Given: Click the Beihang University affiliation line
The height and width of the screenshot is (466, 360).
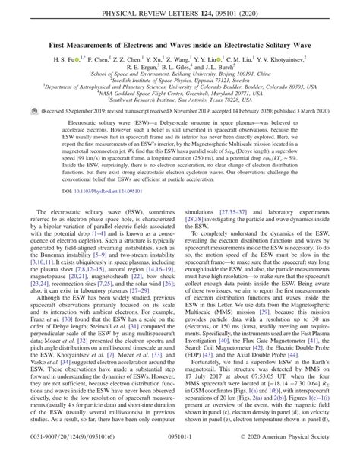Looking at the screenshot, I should (180, 75).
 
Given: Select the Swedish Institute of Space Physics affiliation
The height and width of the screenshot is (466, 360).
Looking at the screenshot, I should (180, 82).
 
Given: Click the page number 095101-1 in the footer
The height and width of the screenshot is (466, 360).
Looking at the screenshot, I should (180, 458).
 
